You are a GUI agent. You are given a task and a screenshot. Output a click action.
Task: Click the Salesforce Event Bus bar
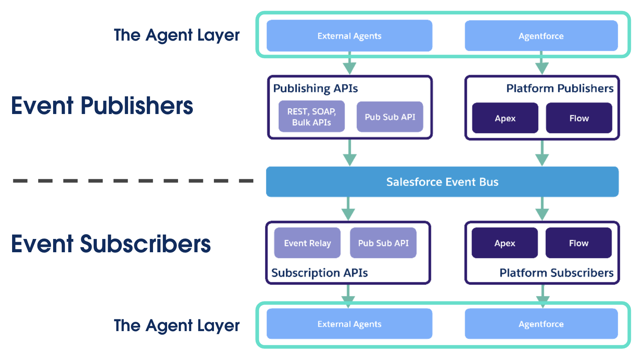tap(442, 182)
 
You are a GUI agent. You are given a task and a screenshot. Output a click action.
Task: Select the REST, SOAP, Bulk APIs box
tap(312, 117)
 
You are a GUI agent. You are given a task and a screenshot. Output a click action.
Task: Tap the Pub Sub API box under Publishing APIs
tap(390, 117)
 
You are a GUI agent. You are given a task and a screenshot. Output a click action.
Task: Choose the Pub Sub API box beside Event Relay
tap(383, 243)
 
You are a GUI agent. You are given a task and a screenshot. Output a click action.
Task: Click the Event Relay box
tap(307, 243)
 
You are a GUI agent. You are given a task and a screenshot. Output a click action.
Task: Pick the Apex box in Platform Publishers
tap(505, 118)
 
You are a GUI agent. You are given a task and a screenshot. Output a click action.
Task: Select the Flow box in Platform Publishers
tap(579, 118)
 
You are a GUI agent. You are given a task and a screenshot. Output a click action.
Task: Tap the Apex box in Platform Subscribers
tap(504, 243)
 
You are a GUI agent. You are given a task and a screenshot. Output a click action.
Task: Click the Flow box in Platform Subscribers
tap(578, 243)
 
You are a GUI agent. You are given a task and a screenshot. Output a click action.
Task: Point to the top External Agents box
tap(349, 36)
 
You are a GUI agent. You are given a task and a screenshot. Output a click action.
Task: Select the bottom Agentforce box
tap(541, 324)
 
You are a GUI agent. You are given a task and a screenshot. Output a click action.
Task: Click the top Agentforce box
tap(541, 36)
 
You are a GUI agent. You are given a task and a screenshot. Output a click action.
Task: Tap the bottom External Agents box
tap(349, 324)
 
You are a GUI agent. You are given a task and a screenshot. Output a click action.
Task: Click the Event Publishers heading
tap(102, 106)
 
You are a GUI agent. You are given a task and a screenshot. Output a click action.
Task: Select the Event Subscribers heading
tap(111, 244)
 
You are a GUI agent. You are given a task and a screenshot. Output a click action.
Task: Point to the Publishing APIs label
tap(315, 89)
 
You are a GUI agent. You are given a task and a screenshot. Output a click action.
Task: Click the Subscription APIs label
tap(319, 273)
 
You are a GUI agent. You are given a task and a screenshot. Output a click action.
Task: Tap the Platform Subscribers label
tap(556, 273)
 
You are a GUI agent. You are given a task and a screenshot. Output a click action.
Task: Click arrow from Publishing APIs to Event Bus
tap(349, 153)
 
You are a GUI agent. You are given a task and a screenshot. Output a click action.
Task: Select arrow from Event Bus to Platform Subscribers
tap(542, 209)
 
